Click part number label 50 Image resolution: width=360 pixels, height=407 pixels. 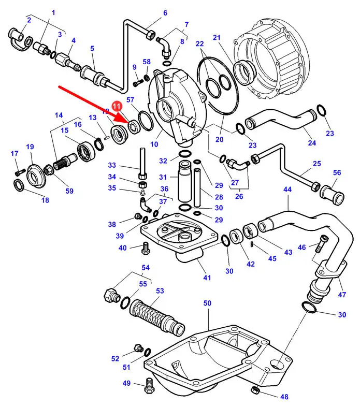point(207,302)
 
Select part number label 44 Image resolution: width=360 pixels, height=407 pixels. point(287,190)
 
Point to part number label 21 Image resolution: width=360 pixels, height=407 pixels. point(217,37)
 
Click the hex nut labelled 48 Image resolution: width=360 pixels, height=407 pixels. point(254,389)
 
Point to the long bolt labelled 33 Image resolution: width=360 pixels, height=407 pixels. point(141,158)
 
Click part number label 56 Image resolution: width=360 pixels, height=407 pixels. point(337,173)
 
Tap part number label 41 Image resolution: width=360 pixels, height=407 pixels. point(207,278)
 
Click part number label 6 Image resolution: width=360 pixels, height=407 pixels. point(165,13)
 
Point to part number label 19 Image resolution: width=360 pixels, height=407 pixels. point(30,147)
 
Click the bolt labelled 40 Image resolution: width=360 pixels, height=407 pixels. point(146,250)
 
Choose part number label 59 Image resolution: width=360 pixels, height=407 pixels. point(69,191)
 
